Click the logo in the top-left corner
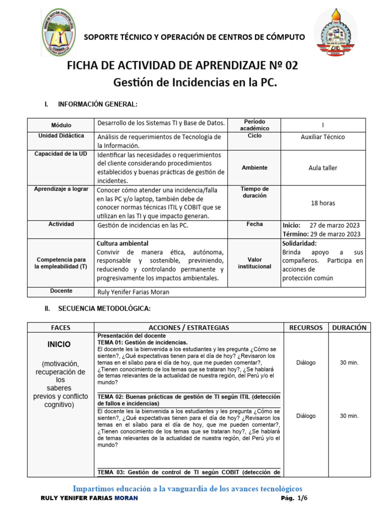[58, 32]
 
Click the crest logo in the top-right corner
[335, 33]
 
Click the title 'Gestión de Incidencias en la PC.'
[195, 82]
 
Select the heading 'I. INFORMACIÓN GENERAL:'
[90, 104]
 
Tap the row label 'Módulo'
[61, 125]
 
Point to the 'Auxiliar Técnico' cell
[323, 136]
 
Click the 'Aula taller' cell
[323, 168]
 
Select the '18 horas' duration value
[323, 203]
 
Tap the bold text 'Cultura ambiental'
[122, 243]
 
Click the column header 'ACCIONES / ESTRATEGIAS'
[189, 327]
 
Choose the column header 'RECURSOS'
[305, 327]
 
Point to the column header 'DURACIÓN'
[349, 327]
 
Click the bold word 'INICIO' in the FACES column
[59, 344]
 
